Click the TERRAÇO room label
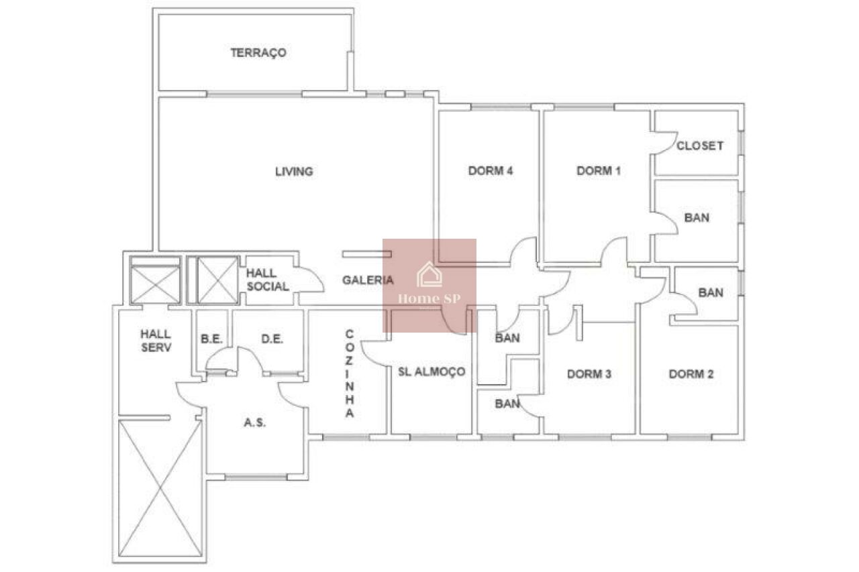pyautogui.click(x=258, y=53)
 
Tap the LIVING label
pyautogui.click(x=294, y=171)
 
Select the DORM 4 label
pyautogui.click(x=491, y=170)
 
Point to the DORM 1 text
pyautogui.click(x=599, y=170)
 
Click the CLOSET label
pyautogui.click(x=700, y=146)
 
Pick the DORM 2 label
pyautogui.click(x=691, y=374)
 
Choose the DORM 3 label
pyautogui.click(x=589, y=374)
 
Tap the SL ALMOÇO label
pyautogui.click(x=432, y=371)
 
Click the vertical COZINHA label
pyautogui.click(x=350, y=373)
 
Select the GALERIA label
pyautogui.click(x=368, y=280)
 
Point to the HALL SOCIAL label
pyautogui.click(x=267, y=280)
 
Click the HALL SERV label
pyautogui.click(x=156, y=341)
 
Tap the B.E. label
pyautogui.click(x=211, y=339)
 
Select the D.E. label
pyautogui.click(x=272, y=339)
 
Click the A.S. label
pyautogui.click(x=254, y=422)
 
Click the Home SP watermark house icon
pyautogui.click(x=429, y=274)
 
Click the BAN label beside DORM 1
pyautogui.click(x=697, y=218)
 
